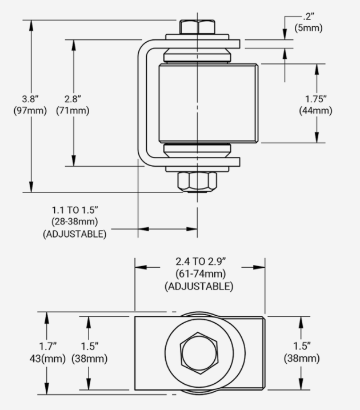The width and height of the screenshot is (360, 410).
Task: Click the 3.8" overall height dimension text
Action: (x=30, y=99)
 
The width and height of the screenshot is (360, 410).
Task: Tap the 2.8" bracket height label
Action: (x=73, y=99)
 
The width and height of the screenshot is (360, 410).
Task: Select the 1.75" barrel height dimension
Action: (x=316, y=99)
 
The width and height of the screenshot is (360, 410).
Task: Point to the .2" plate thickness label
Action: (x=308, y=17)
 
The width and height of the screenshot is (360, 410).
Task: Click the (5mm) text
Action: (x=309, y=28)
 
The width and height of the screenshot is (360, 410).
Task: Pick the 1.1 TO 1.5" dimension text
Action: (x=75, y=210)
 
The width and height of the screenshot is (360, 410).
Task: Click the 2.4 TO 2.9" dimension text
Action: (x=201, y=261)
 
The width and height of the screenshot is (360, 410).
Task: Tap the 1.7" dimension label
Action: (x=47, y=347)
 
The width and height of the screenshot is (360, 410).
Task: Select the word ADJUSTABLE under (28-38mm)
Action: (x=75, y=234)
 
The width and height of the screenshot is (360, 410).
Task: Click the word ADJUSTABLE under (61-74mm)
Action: (x=199, y=286)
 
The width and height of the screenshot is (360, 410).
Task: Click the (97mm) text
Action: (x=30, y=110)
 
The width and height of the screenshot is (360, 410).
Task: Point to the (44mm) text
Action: (x=316, y=110)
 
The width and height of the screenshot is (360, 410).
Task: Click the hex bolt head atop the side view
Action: (x=197, y=27)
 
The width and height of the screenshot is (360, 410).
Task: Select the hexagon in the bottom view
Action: (x=199, y=353)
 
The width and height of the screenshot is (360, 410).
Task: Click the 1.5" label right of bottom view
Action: (x=302, y=347)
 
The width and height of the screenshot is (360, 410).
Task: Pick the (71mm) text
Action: (x=73, y=110)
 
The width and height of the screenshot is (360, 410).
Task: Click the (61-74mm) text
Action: (x=201, y=274)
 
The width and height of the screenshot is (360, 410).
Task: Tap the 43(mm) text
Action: (x=47, y=359)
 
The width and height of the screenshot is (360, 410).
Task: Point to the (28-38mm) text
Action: (x=75, y=222)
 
